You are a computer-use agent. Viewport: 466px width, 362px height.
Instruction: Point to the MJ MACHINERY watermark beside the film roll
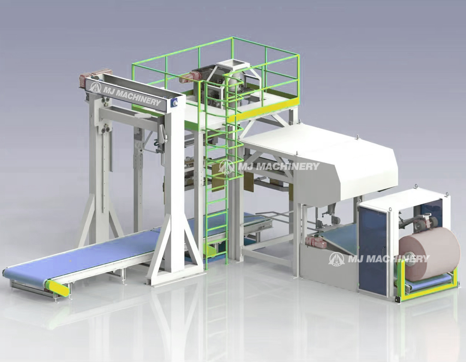pos(379,258)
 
